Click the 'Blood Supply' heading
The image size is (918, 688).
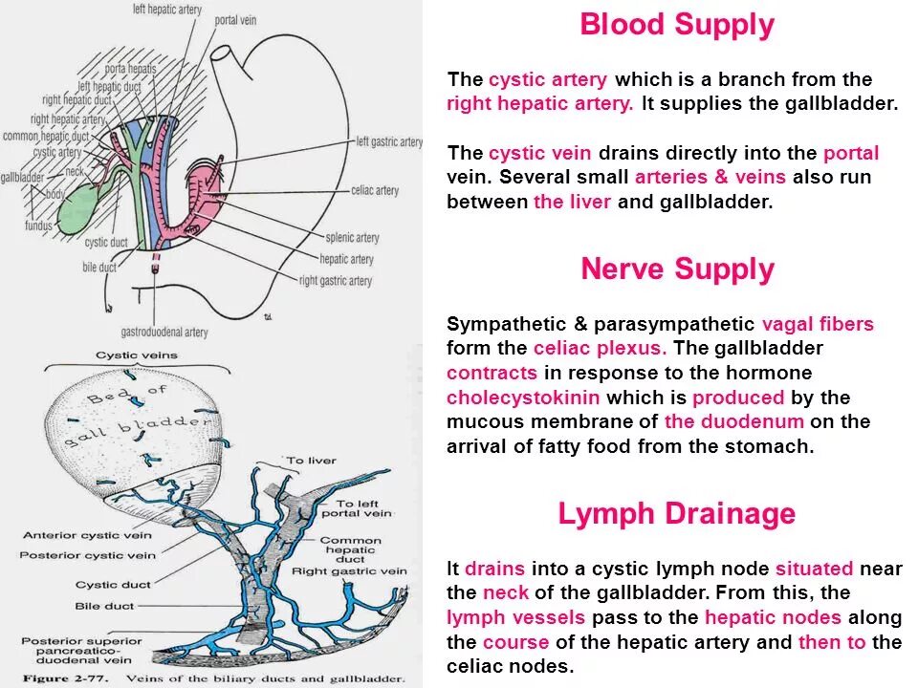676,26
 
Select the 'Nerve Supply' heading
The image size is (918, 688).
676,270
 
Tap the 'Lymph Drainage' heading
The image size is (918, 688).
676,514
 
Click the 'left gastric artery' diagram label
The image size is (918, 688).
389,142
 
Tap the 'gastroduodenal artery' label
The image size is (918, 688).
164,333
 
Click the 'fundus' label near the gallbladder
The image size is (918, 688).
38,226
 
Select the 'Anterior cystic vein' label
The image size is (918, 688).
86,535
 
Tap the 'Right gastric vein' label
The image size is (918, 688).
349,571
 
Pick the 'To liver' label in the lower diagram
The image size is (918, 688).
312,461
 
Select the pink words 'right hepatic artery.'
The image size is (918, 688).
540,104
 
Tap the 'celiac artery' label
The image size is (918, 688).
374,191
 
